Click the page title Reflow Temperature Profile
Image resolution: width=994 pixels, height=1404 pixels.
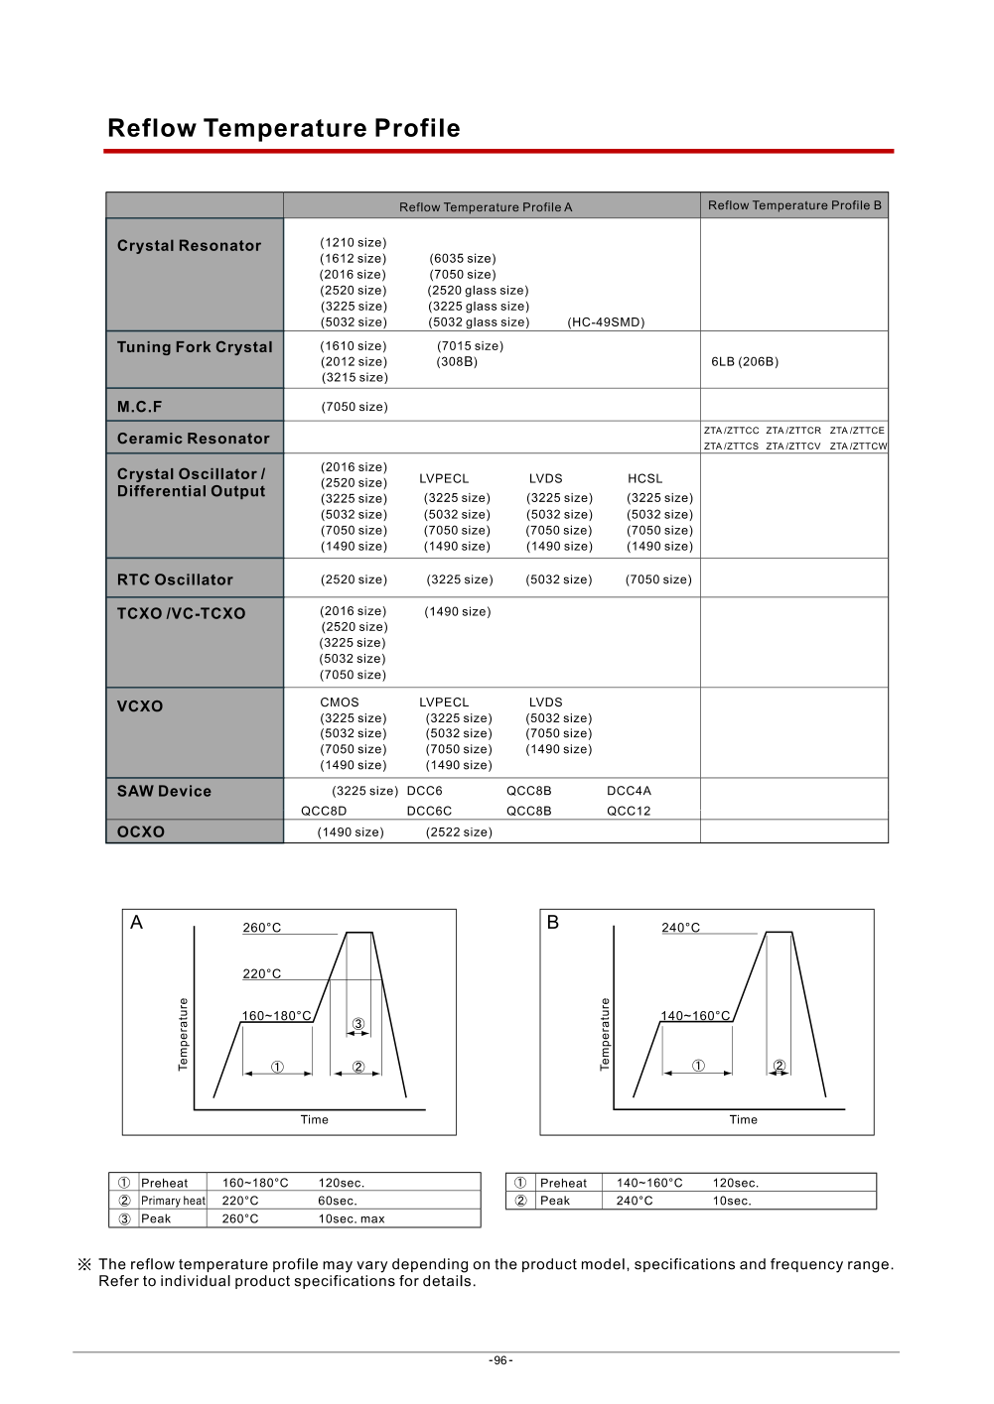coord(283,129)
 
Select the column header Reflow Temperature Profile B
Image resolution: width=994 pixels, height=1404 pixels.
coord(794,205)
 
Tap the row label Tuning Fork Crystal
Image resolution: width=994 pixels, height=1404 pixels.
coord(195,347)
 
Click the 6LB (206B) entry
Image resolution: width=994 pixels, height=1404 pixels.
coord(745,362)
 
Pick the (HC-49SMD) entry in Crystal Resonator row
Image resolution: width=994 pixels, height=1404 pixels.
coord(606,322)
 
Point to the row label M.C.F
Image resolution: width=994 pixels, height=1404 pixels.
coord(139,407)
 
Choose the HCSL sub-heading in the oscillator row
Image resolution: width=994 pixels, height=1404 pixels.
coord(644,478)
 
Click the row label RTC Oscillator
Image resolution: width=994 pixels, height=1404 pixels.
coord(175,580)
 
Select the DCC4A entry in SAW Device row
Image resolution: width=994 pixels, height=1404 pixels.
coord(629,791)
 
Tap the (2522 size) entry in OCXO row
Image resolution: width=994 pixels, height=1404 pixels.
coord(459,832)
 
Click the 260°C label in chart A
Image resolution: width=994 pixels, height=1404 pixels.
coord(262,928)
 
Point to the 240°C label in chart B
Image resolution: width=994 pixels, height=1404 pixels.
coord(681,928)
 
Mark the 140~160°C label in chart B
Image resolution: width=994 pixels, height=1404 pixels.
coord(695,1016)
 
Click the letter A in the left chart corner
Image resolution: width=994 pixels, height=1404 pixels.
coord(137,923)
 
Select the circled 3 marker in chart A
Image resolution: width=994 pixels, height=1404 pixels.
coord(358,1024)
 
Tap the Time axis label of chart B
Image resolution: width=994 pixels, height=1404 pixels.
coord(743,1120)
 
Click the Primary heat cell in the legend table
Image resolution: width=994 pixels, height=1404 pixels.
coord(173,1201)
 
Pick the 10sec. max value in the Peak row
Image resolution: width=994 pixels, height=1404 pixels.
coord(352,1219)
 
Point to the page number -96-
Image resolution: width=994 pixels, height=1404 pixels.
coord(500,1360)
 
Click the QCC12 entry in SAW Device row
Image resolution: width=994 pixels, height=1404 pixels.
coord(629,811)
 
